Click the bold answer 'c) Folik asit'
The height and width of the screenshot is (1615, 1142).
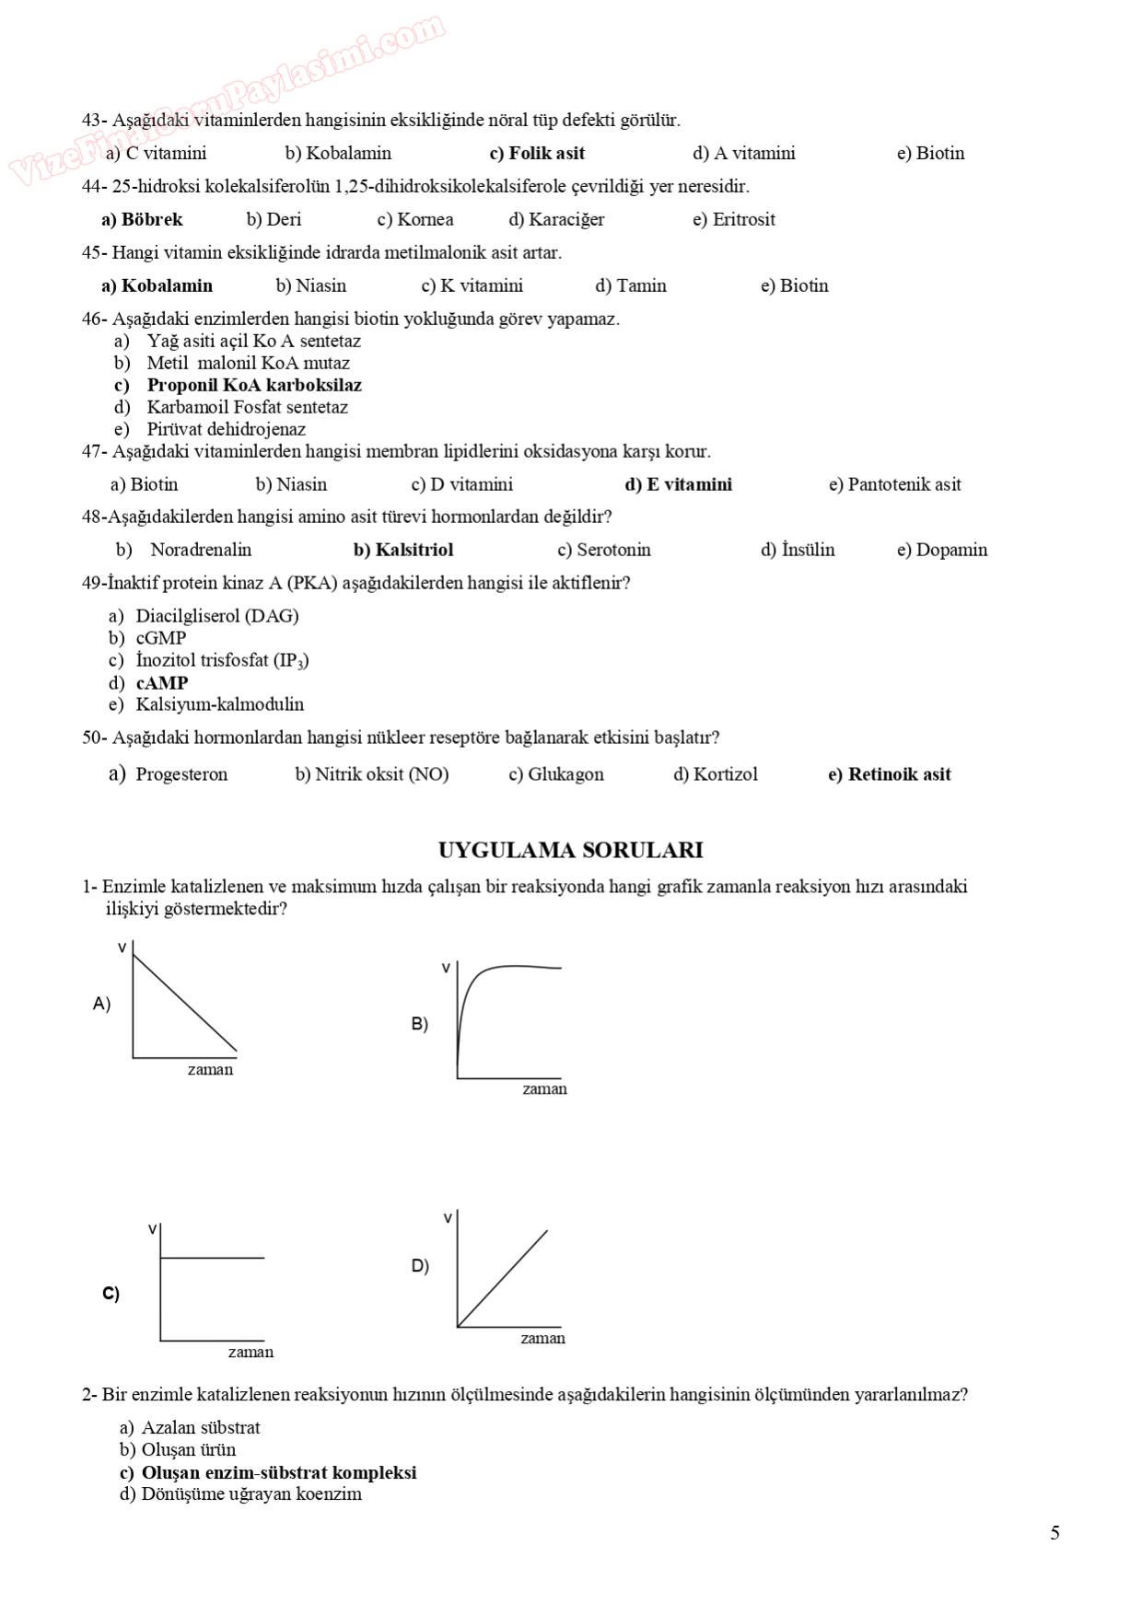pos(537,154)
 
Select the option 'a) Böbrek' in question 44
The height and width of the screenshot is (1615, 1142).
pos(142,220)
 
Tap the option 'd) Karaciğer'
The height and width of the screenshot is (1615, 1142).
pos(556,220)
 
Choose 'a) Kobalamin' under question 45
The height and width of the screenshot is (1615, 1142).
pos(157,286)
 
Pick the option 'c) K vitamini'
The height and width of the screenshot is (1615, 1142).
pos(472,286)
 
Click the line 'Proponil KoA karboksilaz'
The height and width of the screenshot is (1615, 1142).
pos(254,386)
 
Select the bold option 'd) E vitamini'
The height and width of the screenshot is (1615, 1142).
pos(678,485)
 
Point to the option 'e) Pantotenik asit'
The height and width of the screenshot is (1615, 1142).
pos(894,485)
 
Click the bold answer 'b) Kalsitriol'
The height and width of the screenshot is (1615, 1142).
pos(403,551)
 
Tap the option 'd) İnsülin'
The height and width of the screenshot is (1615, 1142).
pos(798,551)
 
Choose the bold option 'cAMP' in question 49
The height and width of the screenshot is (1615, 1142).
pos(162,683)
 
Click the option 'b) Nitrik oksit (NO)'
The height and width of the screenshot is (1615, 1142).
pos(372,775)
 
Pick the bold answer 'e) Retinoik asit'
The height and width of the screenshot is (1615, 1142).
pos(889,775)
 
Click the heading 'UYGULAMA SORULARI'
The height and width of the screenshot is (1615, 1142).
pos(570,851)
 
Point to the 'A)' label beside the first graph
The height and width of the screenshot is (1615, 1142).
pos(101,1004)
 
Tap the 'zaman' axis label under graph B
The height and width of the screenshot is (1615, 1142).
pos(544,1089)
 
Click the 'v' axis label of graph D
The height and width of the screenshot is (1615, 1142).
pos(449,1218)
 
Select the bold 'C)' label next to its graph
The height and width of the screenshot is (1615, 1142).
pos(111,1294)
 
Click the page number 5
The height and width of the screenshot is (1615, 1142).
pos(1055,1533)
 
